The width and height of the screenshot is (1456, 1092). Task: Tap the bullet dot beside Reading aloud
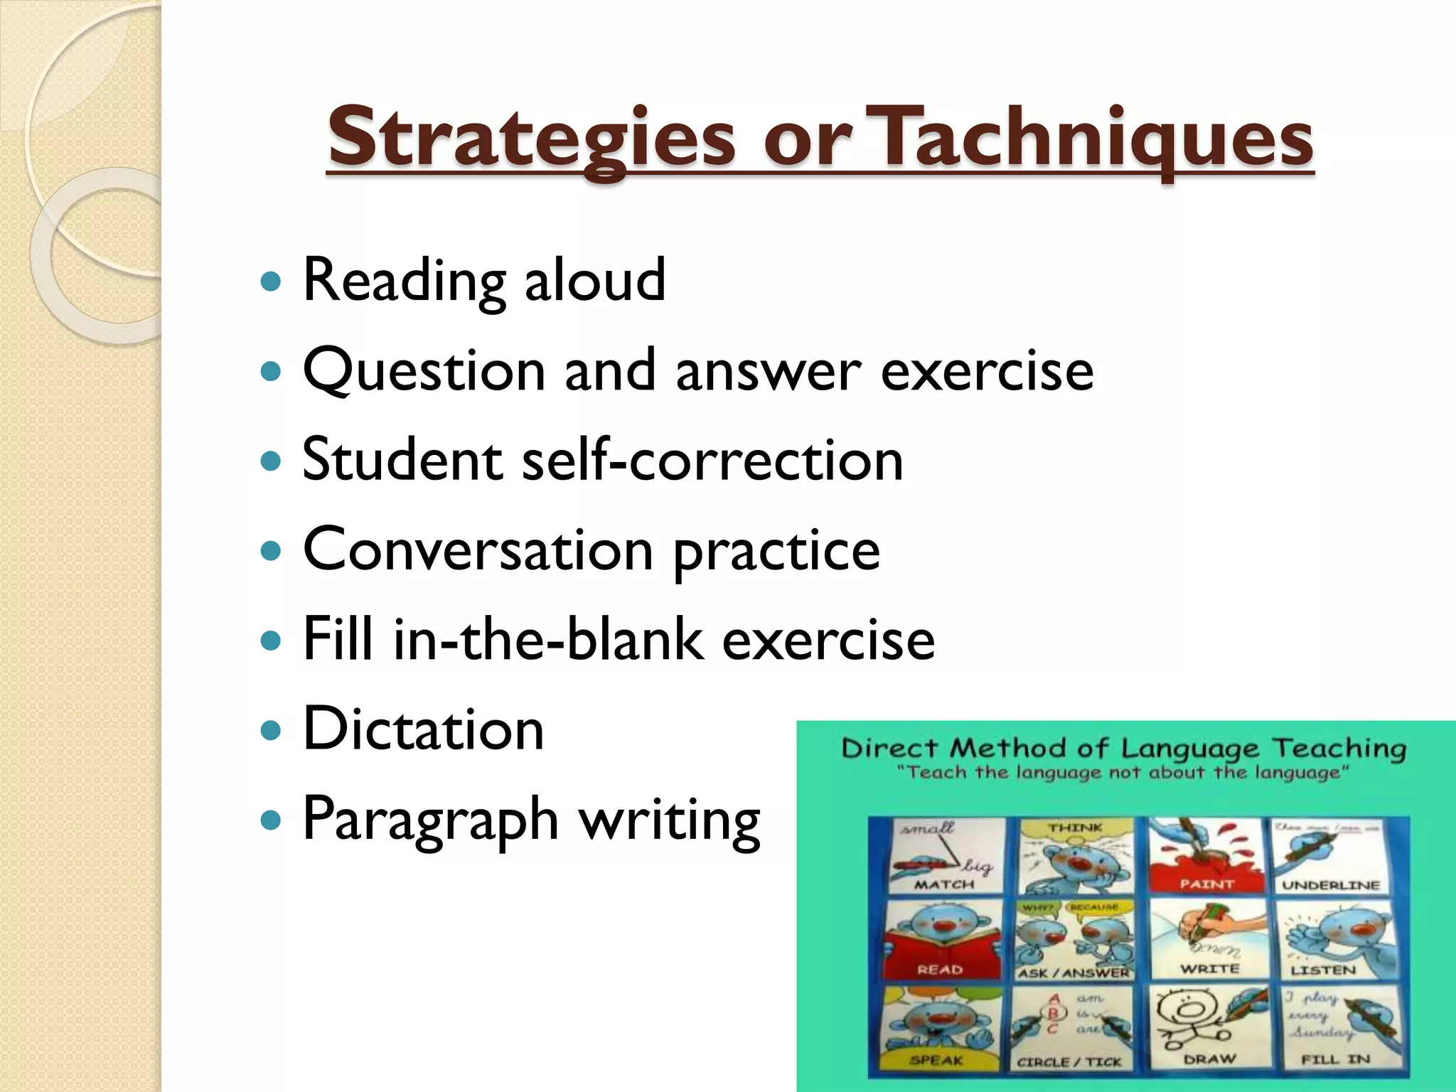272,282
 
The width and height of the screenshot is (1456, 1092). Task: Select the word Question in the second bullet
424,371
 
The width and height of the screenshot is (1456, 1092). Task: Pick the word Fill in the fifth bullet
338,638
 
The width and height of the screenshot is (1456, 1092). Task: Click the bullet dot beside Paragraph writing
272,820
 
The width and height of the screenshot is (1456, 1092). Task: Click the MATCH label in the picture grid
944,885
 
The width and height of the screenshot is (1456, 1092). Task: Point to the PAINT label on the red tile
1206,884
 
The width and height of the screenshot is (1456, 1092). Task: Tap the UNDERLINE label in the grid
1331,886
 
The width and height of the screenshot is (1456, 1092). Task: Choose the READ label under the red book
940,970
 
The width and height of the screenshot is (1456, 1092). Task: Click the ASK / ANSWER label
1074,973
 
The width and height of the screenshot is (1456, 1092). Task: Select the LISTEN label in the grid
1323,970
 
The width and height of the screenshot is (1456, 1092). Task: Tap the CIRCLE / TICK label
1069,1062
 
